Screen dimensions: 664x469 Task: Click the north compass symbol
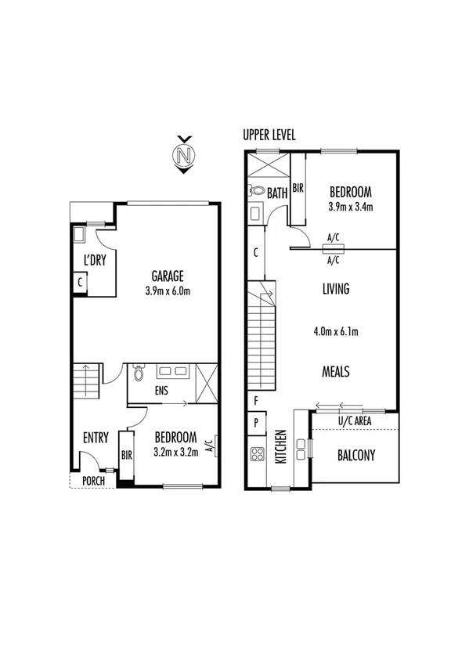[184, 155]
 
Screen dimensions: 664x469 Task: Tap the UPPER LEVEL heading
[269, 135]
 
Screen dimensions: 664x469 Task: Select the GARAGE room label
[168, 276]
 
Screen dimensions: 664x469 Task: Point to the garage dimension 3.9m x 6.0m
[168, 290]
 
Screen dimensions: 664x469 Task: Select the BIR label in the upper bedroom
[298, 188]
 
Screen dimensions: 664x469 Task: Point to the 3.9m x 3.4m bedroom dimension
[350, 207]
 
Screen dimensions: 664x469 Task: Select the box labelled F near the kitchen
[256, 401]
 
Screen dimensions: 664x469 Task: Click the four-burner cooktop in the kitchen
[256, 453]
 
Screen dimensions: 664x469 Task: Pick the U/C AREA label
[355, 421]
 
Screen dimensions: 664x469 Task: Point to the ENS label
[160, 391]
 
